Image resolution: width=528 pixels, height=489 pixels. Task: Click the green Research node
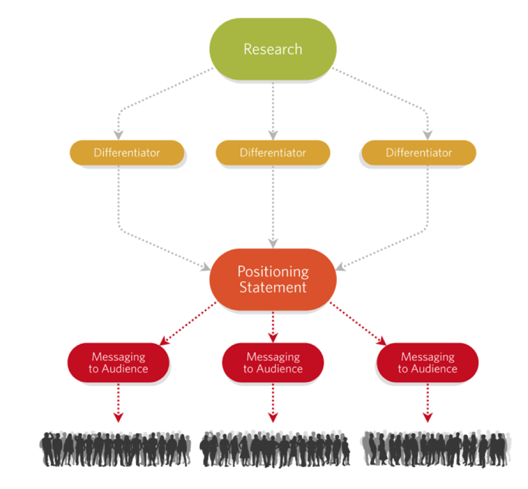click(272, 49)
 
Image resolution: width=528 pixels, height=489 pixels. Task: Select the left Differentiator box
click(127, 152)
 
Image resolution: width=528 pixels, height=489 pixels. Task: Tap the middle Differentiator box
click(272, 152)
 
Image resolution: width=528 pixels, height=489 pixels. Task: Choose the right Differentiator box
click(418, 152)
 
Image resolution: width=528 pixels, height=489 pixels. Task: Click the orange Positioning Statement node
click(272, 279)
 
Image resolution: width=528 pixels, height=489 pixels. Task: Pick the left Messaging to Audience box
click(118, 363)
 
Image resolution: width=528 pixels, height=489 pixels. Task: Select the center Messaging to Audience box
click(272, 363)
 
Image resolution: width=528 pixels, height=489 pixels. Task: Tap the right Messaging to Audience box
click(427, 363)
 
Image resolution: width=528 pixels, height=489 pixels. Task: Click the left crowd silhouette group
click(115, 449)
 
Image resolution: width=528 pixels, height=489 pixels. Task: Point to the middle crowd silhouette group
click(275, 449)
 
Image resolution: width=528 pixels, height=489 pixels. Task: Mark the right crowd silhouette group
click(435, 448)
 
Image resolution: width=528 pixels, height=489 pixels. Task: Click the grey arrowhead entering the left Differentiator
click(119, 135)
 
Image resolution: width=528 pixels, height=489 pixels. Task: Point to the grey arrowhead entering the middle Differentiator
click(273, 135)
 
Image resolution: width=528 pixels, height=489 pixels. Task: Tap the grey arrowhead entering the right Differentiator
click(428, 135)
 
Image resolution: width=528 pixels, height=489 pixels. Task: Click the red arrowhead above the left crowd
click(119, 417)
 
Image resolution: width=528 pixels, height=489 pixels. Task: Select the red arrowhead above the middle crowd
click(273, 417)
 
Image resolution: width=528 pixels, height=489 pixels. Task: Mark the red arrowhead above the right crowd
click(428, 417)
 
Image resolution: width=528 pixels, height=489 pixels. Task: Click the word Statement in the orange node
click(273, 287)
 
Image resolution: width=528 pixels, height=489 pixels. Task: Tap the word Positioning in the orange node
click(273, 271)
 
